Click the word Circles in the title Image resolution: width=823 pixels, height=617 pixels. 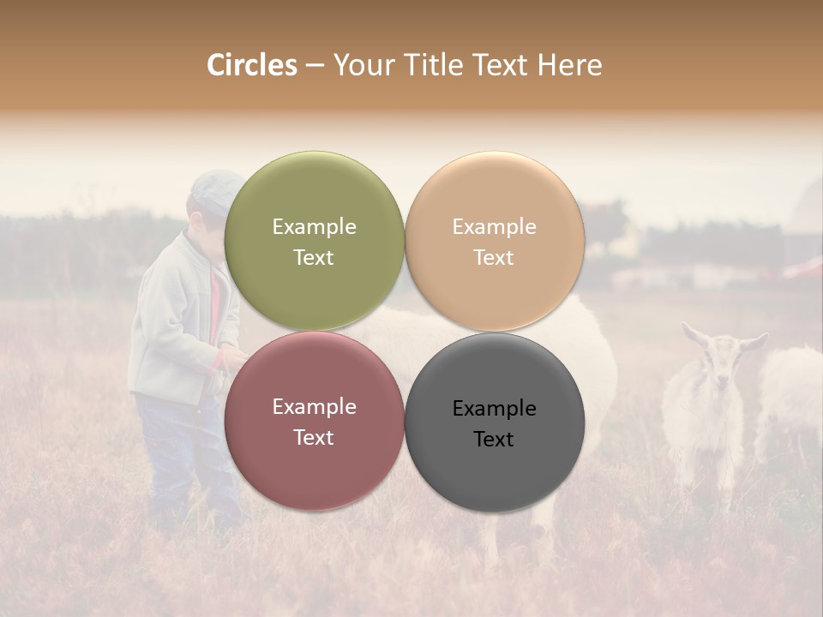pyautogui.click(x=251, y=65)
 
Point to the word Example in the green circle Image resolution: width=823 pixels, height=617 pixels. pyautogui.click(x=314, y=226)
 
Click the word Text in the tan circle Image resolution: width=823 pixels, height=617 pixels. pyautogui.click(x=494, y=257)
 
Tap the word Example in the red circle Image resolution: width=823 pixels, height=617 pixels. pyautogui.click(x=314, y=406)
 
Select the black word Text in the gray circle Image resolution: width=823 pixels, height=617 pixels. pyautogui.click(x=494, y=439)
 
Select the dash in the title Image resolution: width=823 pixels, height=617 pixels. pyautogui.click(x=314, y=65)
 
